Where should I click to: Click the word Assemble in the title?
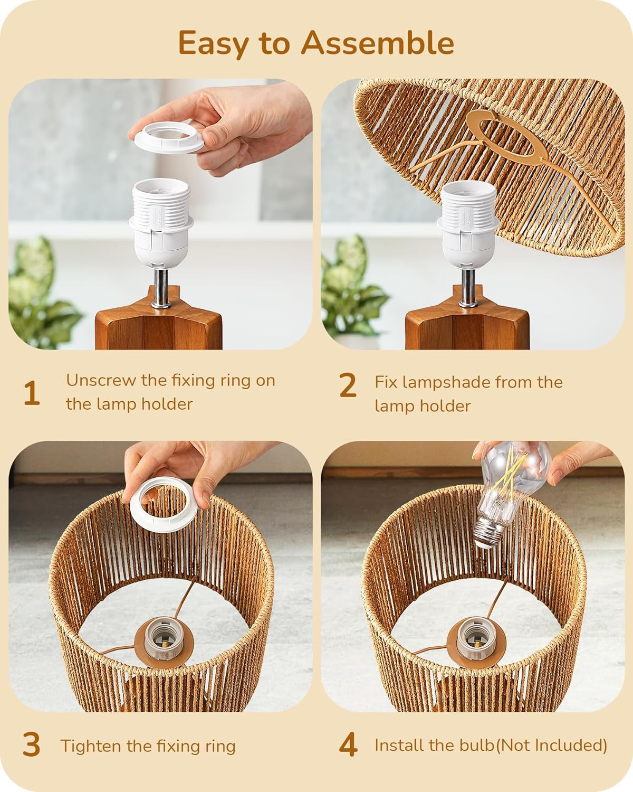coord(377,42)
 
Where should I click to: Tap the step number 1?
coord(32,393)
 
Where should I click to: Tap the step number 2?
coord(348,386)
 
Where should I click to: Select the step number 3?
coord(32,745)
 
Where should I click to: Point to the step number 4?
coord(348,745)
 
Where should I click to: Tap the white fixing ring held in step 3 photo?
coord(165,501)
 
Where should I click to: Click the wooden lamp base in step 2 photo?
coord(467,327)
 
